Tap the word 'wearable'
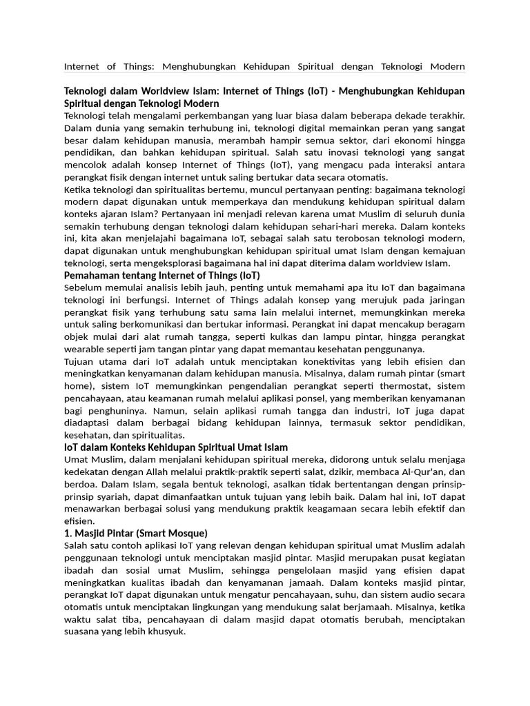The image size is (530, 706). [86, 349]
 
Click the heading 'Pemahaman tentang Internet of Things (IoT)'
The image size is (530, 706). [162, 275]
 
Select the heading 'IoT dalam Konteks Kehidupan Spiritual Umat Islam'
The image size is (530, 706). [176, 447]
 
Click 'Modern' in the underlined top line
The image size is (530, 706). [446, 67]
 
